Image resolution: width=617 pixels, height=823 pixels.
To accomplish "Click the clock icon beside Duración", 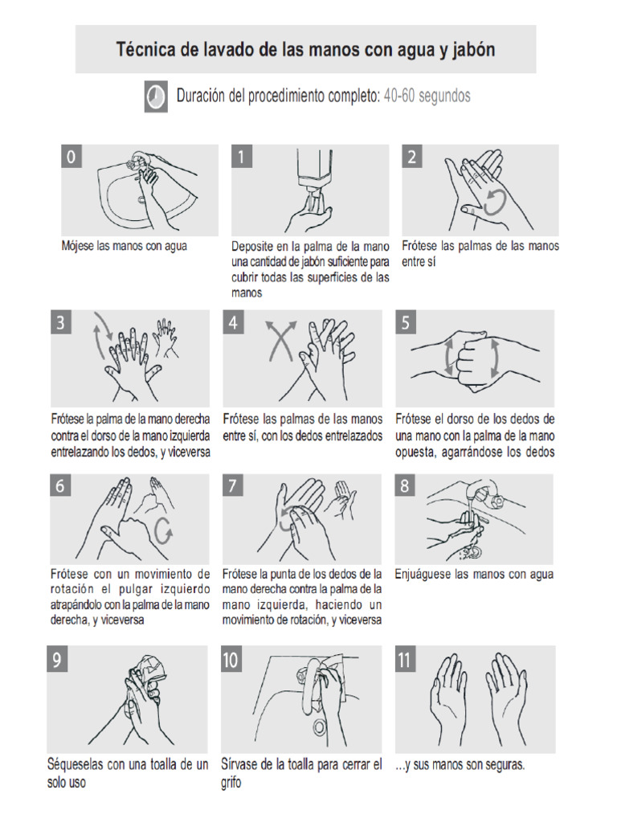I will pos(156,96).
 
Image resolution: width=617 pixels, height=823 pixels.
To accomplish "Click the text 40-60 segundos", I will pos(427,96).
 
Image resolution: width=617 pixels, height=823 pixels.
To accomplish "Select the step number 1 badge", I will pos(241,158).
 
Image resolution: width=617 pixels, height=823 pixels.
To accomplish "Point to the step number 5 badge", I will pos(407,323).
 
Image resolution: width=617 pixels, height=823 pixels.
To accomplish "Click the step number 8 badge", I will pos(405,486).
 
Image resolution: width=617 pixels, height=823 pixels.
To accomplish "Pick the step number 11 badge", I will pos(406,661).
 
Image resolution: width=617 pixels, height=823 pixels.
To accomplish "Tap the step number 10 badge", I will pos(231,661).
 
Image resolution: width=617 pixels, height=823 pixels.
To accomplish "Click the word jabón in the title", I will pos(472,50).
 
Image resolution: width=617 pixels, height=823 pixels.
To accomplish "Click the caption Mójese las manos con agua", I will pos(124,246).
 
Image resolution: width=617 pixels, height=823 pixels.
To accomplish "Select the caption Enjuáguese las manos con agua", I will pos(474,575).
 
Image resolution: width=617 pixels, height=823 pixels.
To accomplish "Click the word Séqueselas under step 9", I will pos(77,764).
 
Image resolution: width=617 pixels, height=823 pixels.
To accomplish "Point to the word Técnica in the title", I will pos(146,50).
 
